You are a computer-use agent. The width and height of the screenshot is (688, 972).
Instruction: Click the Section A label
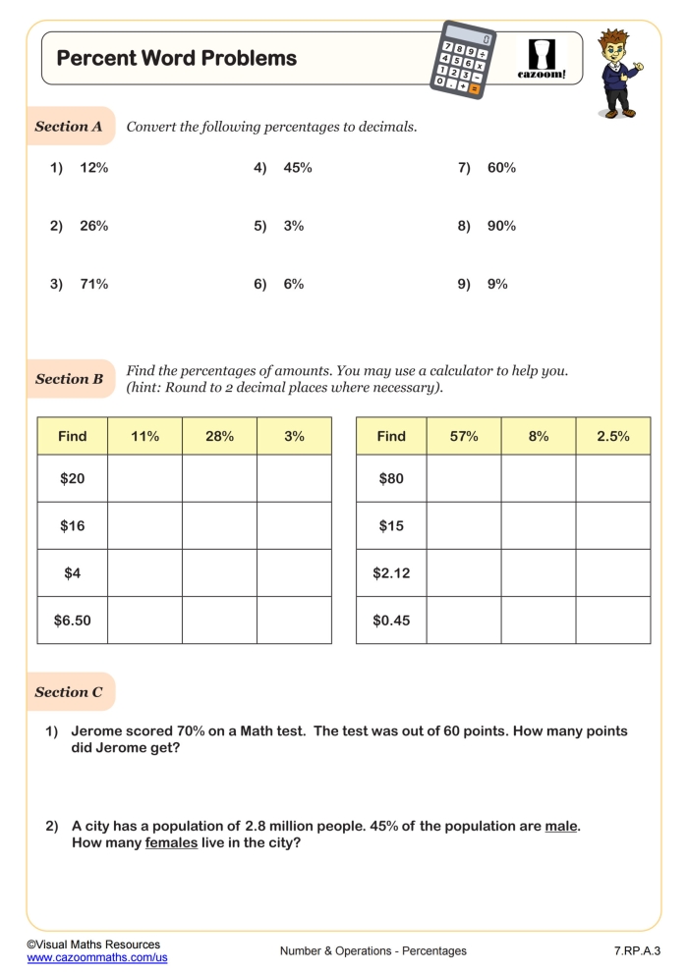click(69, 127)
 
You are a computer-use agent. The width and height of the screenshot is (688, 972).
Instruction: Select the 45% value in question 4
click(298, 168)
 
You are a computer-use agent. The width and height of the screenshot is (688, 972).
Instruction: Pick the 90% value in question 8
click(501, 226)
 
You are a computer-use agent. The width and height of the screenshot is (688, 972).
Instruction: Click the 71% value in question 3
click(94, 284)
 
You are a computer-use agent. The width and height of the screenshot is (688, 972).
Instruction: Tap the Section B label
click(69, 379)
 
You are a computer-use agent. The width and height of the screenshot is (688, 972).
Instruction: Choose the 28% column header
click(219, 436)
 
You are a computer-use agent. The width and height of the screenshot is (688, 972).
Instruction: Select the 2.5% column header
click(612, 436)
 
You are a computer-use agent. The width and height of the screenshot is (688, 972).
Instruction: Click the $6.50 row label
click(72, 621)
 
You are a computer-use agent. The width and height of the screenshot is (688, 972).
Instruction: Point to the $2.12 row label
click(391, 573)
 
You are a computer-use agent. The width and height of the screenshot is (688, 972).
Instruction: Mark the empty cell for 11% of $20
click(144, 479)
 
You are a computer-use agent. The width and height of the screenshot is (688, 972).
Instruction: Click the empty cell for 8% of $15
click(538, 526)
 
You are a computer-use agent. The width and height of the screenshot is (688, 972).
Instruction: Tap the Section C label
click(69, 692)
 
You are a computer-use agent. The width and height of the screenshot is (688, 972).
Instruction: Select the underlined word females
click(171, 842)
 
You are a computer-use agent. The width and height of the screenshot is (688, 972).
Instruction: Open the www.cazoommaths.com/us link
click(97, 957)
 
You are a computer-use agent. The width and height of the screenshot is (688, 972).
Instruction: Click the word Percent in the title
click(94, 58)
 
